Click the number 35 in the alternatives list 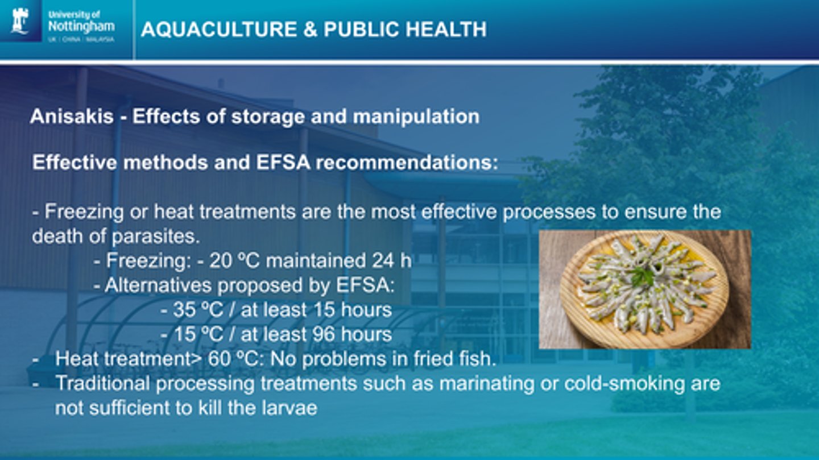[x=184, y=310]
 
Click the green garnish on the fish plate [x=643, y=277]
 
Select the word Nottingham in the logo [x=81, y=26]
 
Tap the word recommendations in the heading [x=406, y=163]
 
